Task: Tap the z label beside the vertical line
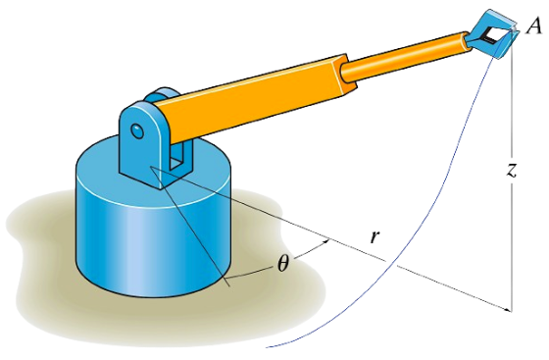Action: pyautogui.click(x=510, y=170)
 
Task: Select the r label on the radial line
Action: pyautogui.click(x=374, y=236)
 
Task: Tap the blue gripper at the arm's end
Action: pyautogui.click(x=487, y=34)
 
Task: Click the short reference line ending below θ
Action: pyautogui.click(x=196, y=235)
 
